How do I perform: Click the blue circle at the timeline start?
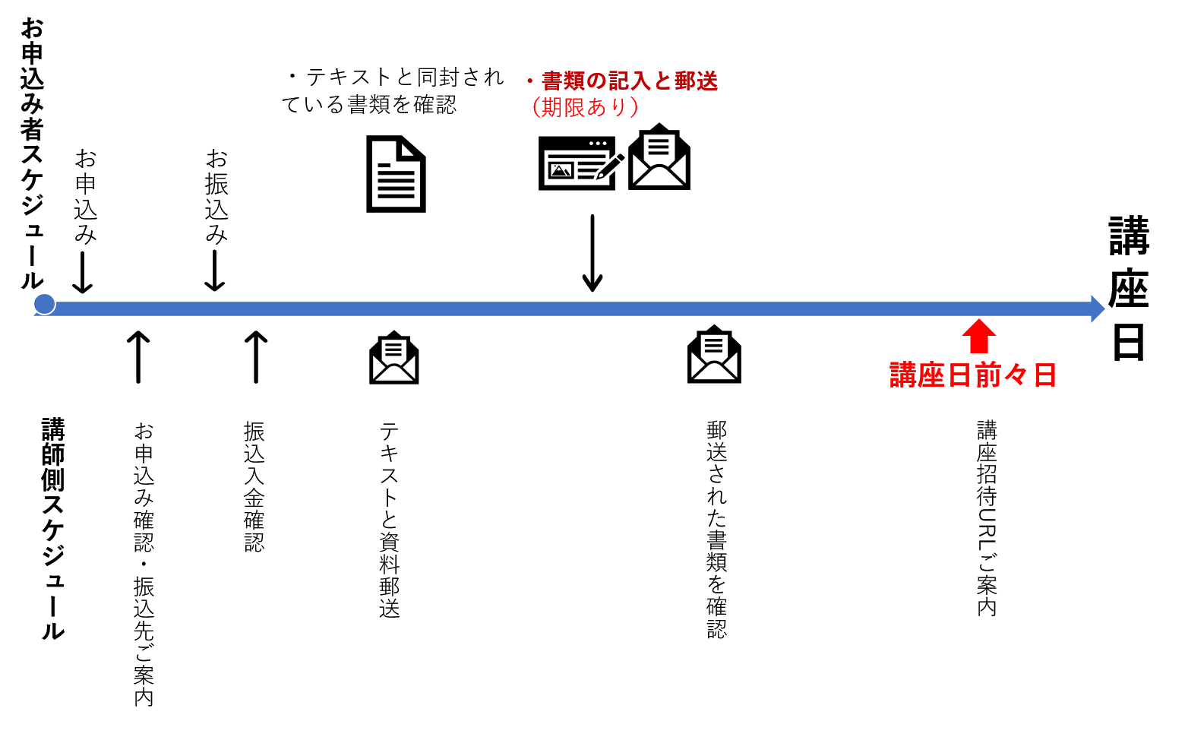pos(44,304)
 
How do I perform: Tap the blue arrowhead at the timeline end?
pos(1098,308)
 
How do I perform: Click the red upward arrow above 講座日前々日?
pos(978,336)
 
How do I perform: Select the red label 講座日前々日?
pos(973,375)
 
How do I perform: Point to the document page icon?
pos(396,174)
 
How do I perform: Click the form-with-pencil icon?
pos(581,163)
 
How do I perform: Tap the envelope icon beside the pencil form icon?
pos(659,157)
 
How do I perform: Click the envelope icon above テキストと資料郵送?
pos(394,357)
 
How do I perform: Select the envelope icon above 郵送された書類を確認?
pos(714,354)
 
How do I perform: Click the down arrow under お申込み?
pos(83,273)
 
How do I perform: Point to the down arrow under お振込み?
pos(215,271)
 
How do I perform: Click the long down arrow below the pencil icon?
pos(592,253)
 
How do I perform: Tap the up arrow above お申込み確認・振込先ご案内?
pos(138,356)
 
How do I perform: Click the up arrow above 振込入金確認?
pos(256,356)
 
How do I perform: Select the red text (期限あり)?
pos(585,107)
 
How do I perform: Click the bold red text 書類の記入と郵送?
pos(630,81)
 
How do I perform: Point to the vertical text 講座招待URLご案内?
pos(987,518)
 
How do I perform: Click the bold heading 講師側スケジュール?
pos(53,529)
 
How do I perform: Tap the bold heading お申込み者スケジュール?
pos(32,154)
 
